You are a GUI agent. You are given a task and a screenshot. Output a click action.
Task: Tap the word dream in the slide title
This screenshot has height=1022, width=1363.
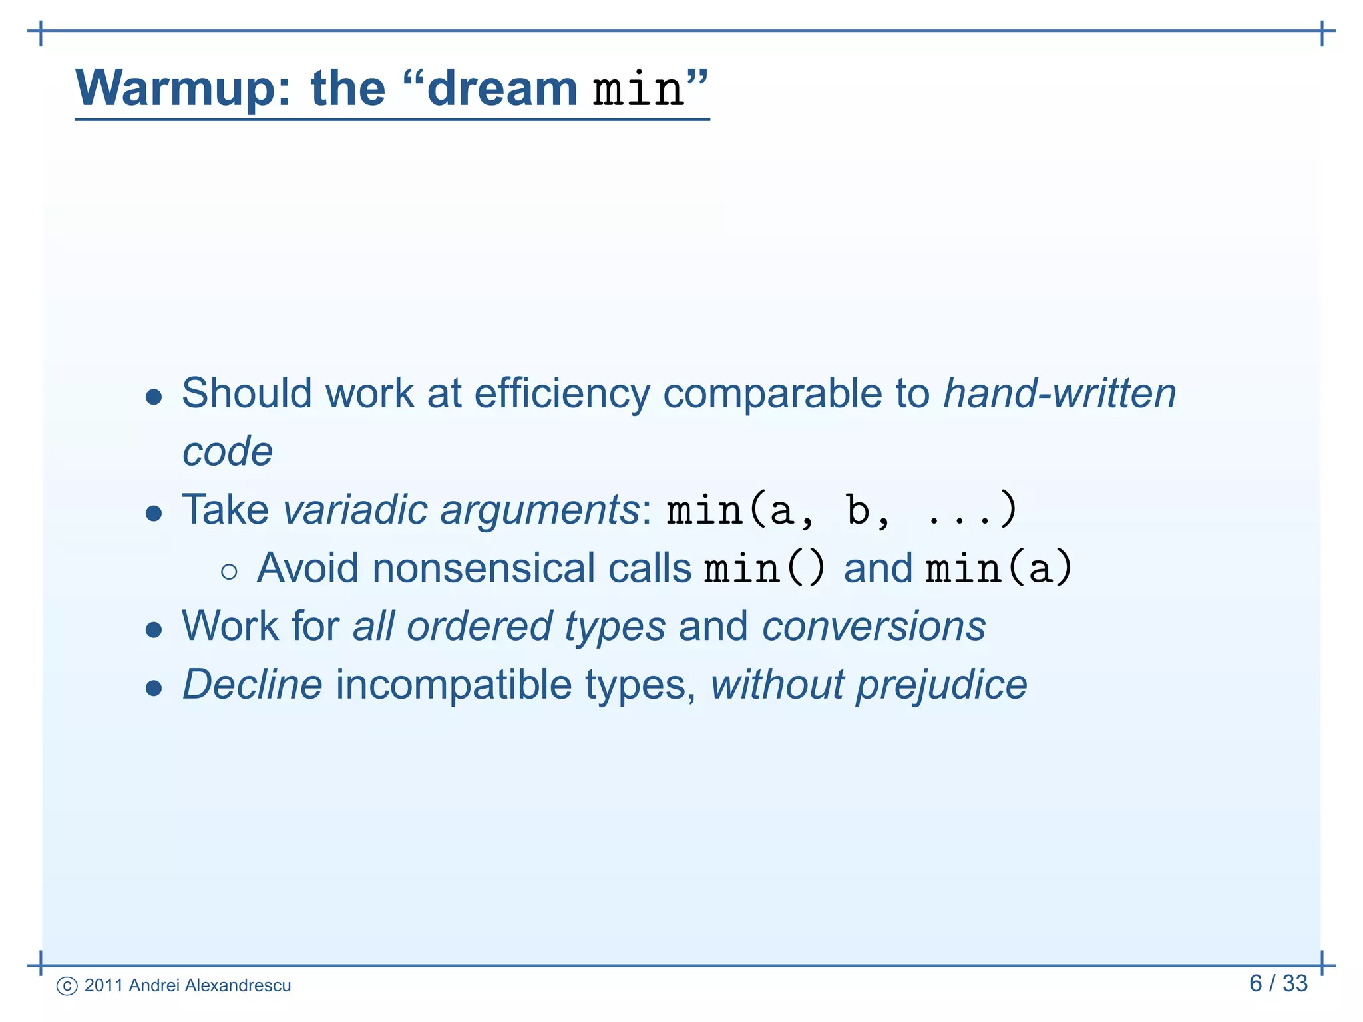[501, 88]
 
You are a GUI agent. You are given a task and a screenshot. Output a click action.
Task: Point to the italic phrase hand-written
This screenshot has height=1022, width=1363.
[1060, 393]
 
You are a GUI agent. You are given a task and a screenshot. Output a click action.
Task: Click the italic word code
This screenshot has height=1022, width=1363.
[228, 452]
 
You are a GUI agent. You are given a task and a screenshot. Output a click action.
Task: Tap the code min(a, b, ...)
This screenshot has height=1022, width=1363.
[842, 510]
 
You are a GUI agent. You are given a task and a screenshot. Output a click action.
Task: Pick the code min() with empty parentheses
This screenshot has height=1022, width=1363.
[765, 568]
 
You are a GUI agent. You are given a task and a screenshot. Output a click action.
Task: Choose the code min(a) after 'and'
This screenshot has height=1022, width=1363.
[998, 568]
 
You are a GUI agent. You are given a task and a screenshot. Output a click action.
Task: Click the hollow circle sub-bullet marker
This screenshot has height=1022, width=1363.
[229, 571]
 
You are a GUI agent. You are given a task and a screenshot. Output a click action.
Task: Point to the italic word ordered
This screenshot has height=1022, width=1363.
[479, 627]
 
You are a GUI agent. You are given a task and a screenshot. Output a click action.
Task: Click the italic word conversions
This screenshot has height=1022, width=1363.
[873, 627]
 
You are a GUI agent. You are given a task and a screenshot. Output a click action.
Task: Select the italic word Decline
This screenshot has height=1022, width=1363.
[252, 685]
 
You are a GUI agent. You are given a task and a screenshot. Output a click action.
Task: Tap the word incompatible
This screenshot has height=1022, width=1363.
[453, 685]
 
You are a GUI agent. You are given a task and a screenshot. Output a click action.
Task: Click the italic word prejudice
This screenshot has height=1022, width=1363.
[941, 685]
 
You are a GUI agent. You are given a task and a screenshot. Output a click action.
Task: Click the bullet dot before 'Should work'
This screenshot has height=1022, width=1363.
[154, 397]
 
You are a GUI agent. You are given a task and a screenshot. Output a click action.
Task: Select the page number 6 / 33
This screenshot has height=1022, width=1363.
[1278, 983]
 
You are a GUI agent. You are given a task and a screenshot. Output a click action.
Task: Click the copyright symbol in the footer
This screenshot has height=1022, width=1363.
[67, 986]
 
